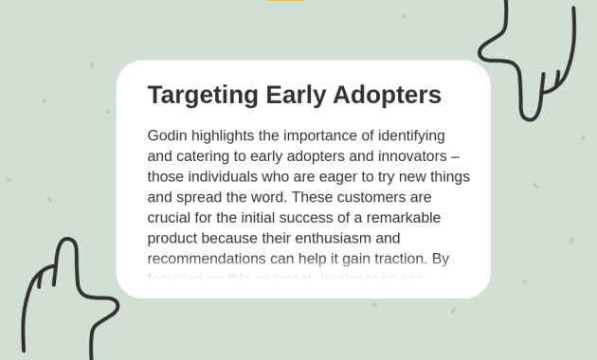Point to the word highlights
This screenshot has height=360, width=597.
click(230, 135)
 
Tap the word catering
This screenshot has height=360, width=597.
click(205, 156)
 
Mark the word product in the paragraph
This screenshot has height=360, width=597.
click(172, 238)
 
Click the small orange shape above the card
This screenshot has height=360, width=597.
click(286, 1)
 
